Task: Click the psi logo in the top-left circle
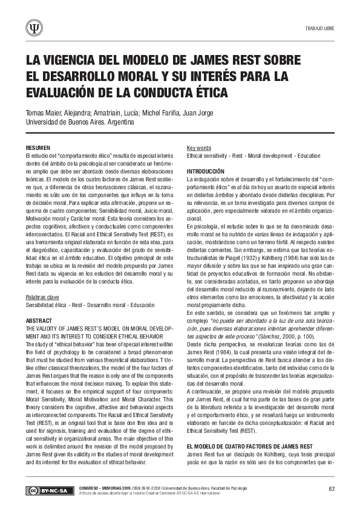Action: [x=34, y=28]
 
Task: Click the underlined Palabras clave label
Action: [x=42, y=297]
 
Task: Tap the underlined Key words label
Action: [x=199, y=148]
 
